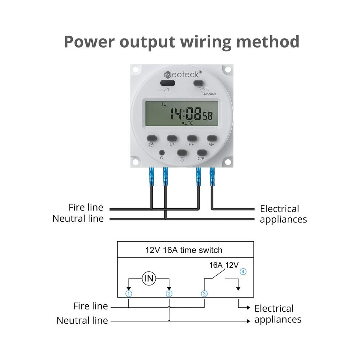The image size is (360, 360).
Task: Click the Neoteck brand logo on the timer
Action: point(183,75)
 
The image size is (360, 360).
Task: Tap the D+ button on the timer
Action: point(172,138)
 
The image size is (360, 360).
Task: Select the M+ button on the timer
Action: point(212,138)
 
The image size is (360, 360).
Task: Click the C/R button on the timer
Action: point(202,153)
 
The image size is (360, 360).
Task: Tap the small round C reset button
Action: point(162,152)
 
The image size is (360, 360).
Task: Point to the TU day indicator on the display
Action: point(164,104)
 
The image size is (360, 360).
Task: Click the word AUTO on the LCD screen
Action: point(187,123)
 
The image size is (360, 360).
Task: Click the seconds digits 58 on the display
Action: point(208,116)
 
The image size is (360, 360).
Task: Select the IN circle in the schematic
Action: point(149,279)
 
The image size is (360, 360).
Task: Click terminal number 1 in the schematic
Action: point(129,294)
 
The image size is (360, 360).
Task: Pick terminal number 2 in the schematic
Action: point(169,294)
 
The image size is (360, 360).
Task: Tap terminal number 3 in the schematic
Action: point(204,294)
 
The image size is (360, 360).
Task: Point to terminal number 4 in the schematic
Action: point(243,272)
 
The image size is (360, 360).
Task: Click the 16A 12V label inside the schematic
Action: point(224,265)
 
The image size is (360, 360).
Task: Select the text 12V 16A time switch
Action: point(184,250)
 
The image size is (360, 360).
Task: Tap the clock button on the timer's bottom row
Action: point(182,153)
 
